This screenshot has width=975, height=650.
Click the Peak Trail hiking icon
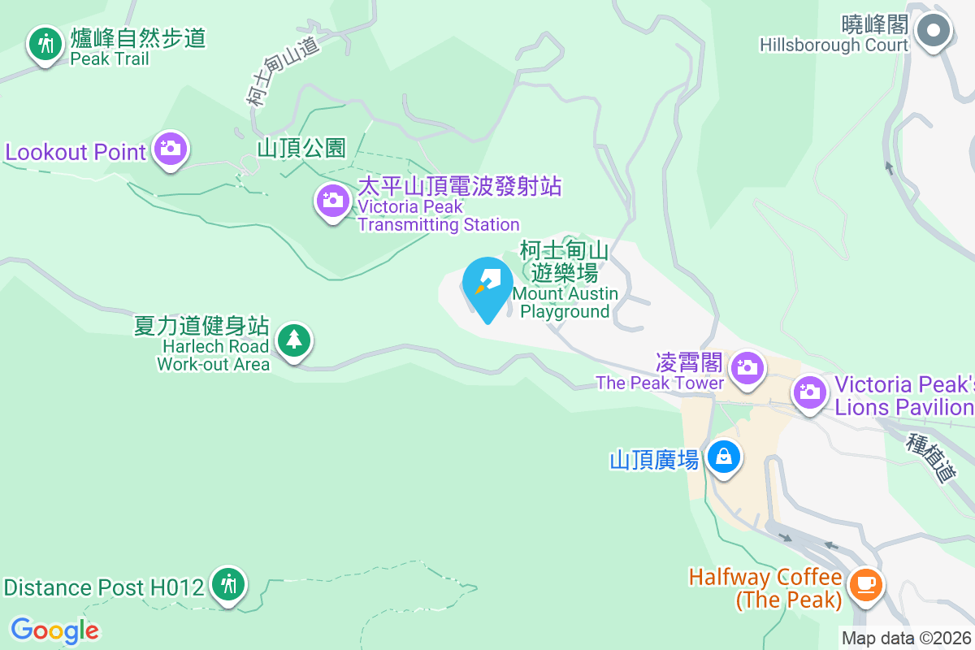[x=45, y=43]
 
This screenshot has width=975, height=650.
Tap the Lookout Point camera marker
[x=169, y=149]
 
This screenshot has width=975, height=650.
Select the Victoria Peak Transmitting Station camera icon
[x=332, y=200]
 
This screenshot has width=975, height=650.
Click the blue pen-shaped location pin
[x=487, y=284]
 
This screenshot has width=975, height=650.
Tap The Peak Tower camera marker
[x=746, y=367]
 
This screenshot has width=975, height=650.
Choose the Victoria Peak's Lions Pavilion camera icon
[x=809, y=392]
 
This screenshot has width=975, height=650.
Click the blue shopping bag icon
[x=723, y=457]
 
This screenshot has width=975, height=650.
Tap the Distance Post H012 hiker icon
[x=228, y=583]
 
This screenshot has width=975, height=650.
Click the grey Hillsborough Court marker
[x=934, y=32]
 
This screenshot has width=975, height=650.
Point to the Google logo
[x=54, y=630]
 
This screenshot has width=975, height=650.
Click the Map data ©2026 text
[x=906, y=639]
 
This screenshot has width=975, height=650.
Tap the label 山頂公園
[x=301, y=148]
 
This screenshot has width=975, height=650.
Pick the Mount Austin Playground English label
[x=565, y=302]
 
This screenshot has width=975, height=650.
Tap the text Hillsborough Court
[x=834, y=45]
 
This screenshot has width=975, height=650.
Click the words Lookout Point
[x=76, y=152]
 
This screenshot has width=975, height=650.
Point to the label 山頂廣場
[x=654, y=460]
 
